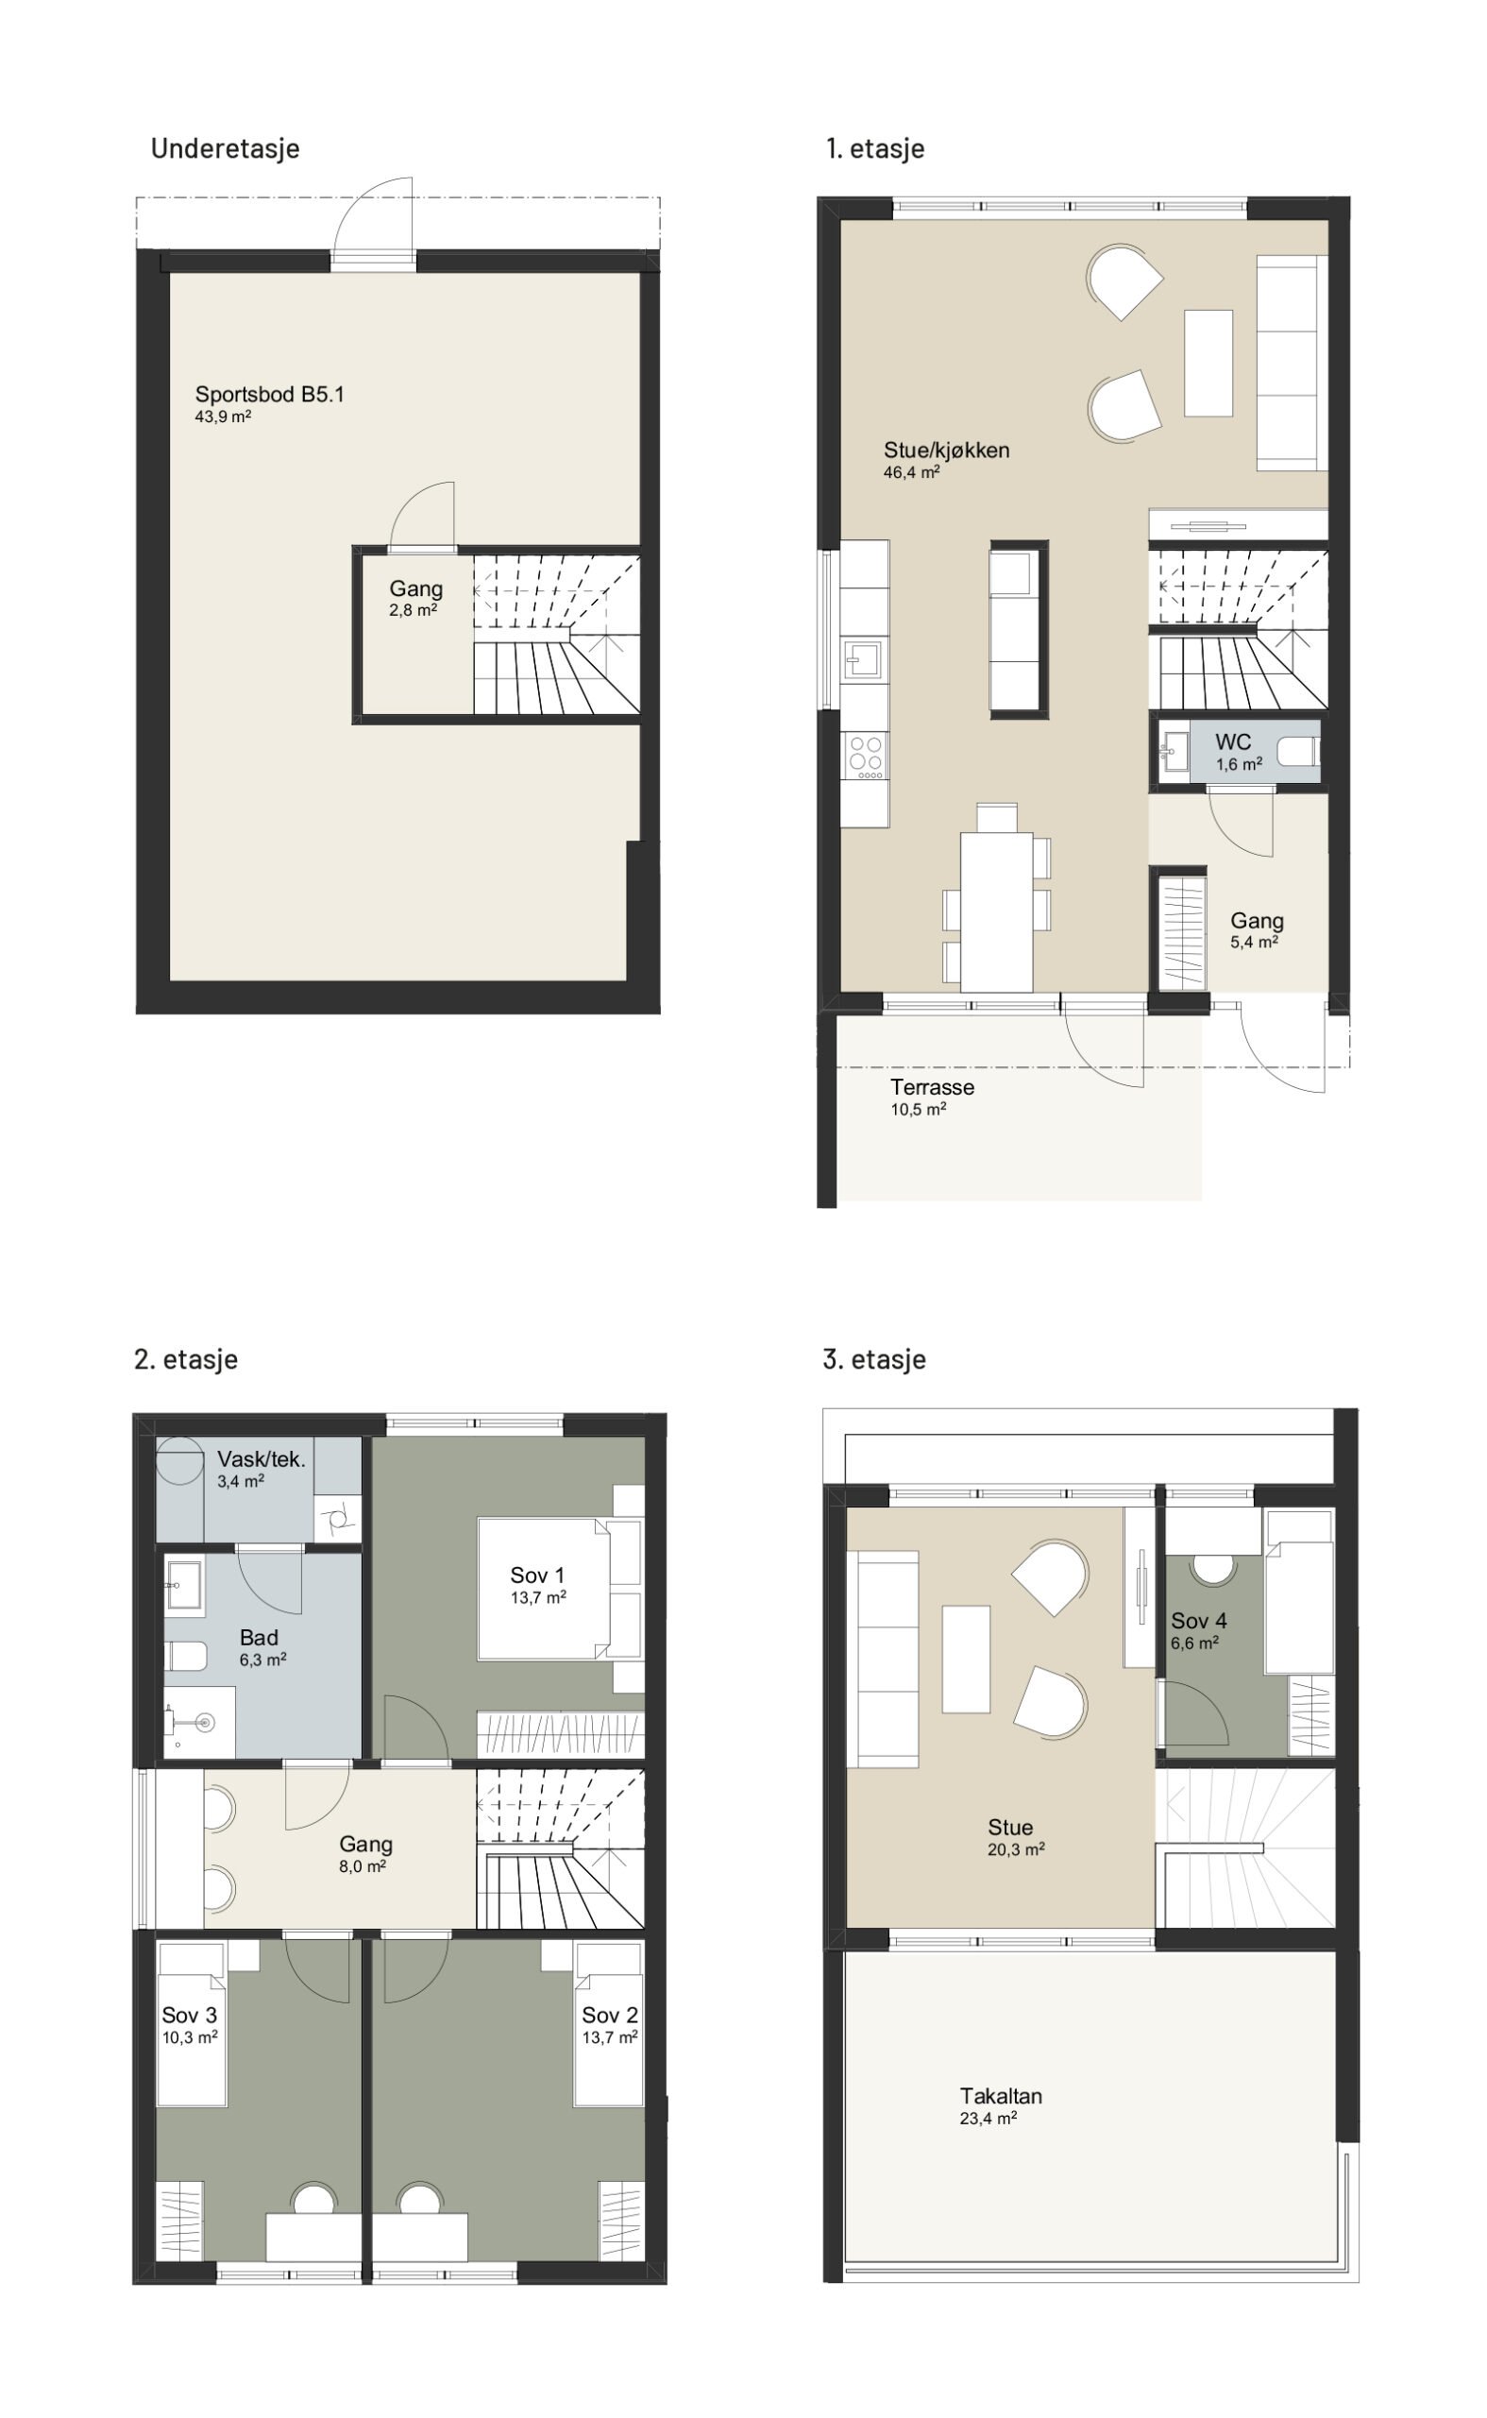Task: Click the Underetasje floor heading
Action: point(226,148)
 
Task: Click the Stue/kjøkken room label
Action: point(946,451)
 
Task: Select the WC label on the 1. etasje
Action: point(1232,741)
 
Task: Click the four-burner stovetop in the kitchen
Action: point(866,757)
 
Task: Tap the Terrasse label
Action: point(933,1087)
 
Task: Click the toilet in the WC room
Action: point(1298,755)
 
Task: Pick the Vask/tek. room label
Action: point(262,1459)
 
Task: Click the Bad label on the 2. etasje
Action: point(259,1637)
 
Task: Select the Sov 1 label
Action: point(537,1575)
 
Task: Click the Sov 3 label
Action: point(189,2015)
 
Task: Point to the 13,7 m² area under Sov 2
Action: point(610,2036)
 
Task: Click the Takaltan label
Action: point(1001,2095)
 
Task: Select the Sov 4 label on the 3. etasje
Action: point(1199,1620)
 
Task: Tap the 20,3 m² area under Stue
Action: point(1016,1848)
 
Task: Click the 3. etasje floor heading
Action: point(874,1358)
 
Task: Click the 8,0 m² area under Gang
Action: point(362,1866)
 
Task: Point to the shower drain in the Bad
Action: point(206,1721)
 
